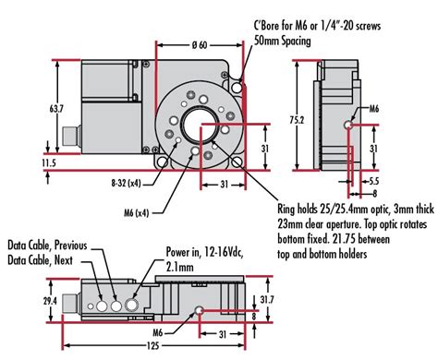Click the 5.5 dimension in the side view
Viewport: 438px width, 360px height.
tap(373, 181)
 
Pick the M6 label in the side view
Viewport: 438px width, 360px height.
tap(370, 108)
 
